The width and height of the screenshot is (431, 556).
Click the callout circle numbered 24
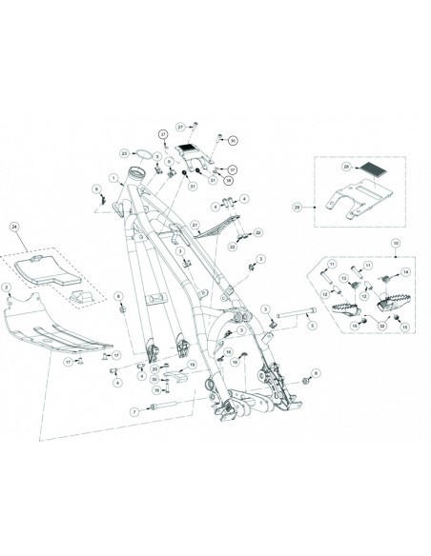[14, 227]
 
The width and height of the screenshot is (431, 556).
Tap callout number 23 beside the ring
[124, 151]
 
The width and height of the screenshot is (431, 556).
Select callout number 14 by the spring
[404, 272]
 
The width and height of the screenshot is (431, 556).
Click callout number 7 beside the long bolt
[135, 410]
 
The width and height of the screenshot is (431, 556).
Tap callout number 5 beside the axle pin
[312, 325]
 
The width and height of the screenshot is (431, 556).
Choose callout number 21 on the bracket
[195, 225]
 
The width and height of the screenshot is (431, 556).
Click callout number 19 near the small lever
[191, 364]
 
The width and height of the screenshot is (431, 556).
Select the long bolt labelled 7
[164, 409]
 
